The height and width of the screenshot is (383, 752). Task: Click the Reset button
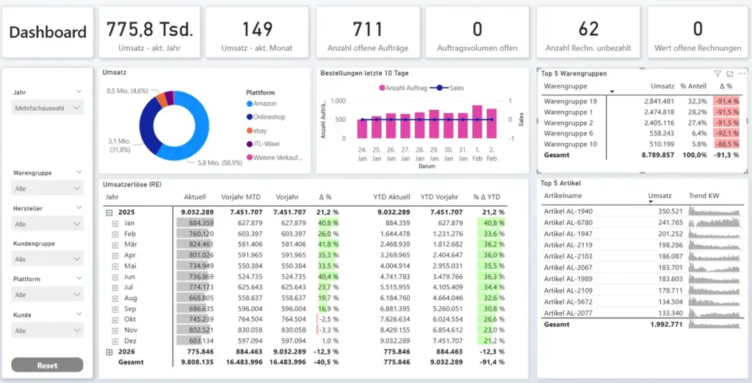coord(48,365)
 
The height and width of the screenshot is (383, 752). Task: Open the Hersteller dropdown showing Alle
coord(48,224)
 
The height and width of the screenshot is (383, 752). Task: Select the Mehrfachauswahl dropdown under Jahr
coord(48,108)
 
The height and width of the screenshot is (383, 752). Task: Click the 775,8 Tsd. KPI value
coord(150,29)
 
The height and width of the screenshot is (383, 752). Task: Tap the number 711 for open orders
coord(367,29)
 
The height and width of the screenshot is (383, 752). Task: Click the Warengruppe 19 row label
coord(569,101)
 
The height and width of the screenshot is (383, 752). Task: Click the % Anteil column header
coord(693,86)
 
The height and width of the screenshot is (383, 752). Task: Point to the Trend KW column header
coord(704,196)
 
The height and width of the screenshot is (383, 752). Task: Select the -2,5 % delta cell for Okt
coord(328,319)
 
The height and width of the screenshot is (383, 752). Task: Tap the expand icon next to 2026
coord(109,351)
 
